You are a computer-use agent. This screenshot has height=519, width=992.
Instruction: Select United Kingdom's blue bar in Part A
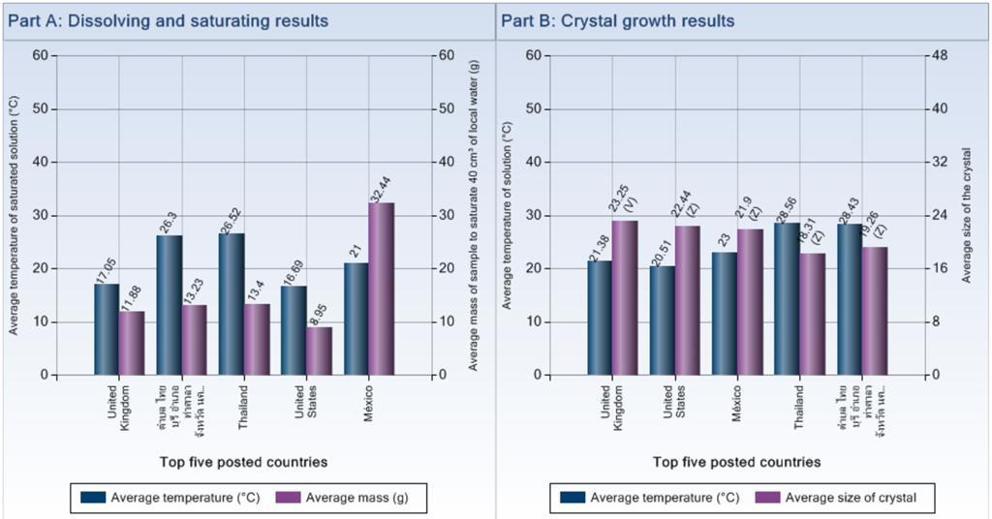pos(107,329)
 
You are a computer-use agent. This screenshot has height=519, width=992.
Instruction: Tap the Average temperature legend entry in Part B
pos(652,498)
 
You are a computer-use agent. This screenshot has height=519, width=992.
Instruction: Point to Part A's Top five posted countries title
pos(243,462)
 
